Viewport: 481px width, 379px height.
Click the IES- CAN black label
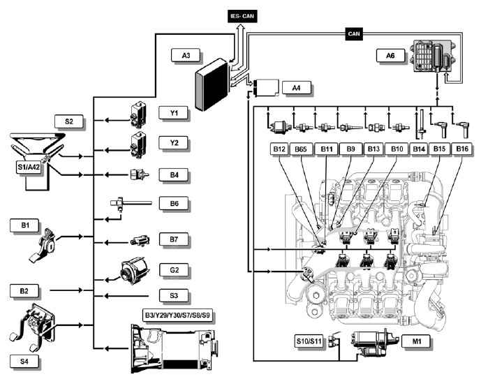pyautogui.click(x=242, y=16)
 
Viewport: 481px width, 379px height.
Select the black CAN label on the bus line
pyautogui.click(x=354, y=34)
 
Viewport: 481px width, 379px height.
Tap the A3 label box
pyautogui.click(x=186, y=56)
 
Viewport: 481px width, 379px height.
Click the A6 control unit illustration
pyautogui.click(x=433, y=56)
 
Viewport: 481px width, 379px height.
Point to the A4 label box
pyautogui.click(x=296, y=88)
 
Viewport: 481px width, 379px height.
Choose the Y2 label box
pyautogui.click(x=173, y=143)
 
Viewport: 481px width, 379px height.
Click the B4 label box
pyautogui.click(x=174, y=175)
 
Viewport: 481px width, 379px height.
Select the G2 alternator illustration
pyautogui.click(x=134, y=270)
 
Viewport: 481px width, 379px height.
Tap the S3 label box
pyautogui.click(x=174, y=296)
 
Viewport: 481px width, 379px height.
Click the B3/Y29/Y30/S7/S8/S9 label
pyautogui.click(x=177, y=315)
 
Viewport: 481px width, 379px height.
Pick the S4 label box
pyautogui.click(x=24, y=362)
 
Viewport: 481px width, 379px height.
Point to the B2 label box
pyautogui.click(x=24, y=290)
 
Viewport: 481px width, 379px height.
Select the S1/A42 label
pyautogui.click(x=29, y=168)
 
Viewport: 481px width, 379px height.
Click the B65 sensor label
pyautogui.click(x=301, y=149)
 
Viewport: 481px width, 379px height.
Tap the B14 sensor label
pyautogui.click(x=419, y=149)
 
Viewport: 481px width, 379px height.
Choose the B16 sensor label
pyautogui.click(x=462, y=149)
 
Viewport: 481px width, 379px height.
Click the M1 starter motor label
pyautogui.click(x=416, y=341)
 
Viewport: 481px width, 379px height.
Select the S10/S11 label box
pyautogui.click(x=309, y=341)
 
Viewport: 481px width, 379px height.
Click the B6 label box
pyautogui.click(x=174, y=204)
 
